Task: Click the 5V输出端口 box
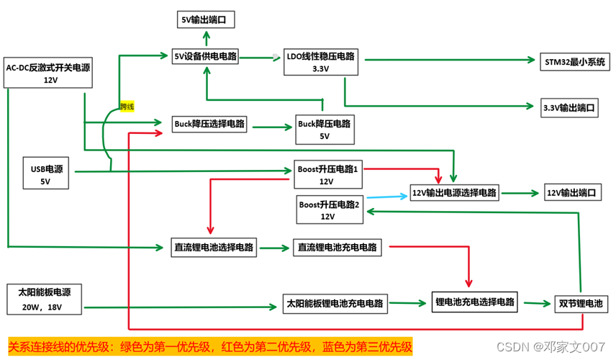(x=206, y=19)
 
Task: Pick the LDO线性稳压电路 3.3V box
(x=320, y=63)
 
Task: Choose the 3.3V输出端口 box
(x=569, y=108)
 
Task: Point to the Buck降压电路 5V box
(x=324, y=130)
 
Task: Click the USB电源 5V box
(x=46, y=176)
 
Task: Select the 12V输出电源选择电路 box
(x=454, y=193)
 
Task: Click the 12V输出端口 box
(x=573, y=193)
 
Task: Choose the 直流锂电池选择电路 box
(x=214, y=247)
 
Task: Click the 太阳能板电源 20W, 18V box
(x=45, y=300)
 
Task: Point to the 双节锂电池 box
(x=580, y=302)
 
